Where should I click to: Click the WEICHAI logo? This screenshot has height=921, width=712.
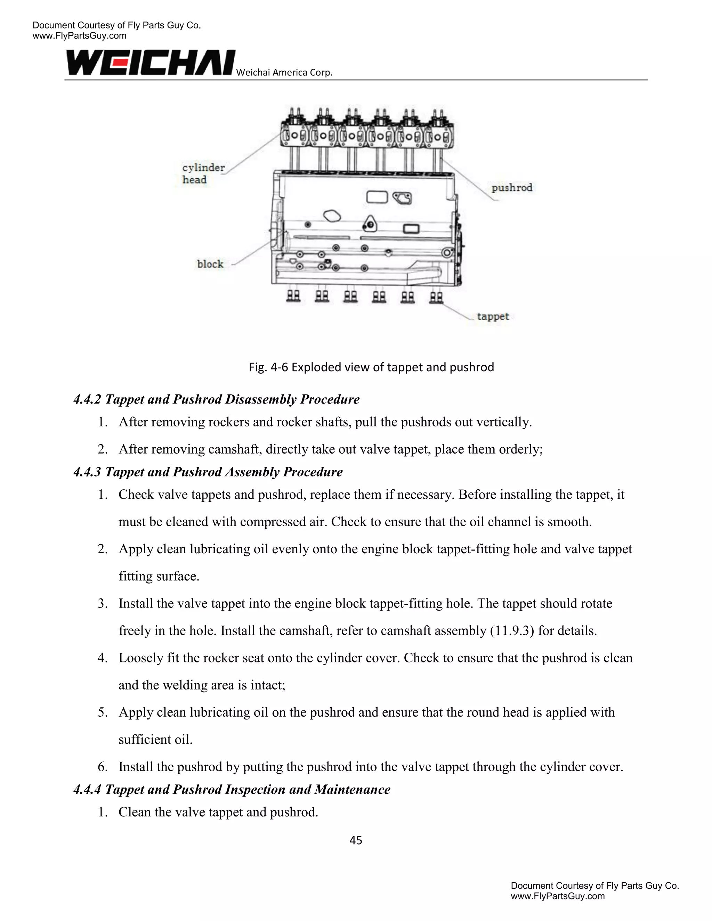(x=151, y=63)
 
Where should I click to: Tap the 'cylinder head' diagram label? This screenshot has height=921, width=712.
(x=203, y=173)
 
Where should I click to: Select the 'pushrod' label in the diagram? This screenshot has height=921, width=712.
(x=512, y=188)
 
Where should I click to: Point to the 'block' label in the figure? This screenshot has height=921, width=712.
(x=210, y=264)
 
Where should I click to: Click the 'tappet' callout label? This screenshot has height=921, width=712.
(x=493, y=316)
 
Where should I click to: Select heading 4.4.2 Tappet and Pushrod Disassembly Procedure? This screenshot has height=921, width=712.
(x=216, y=399)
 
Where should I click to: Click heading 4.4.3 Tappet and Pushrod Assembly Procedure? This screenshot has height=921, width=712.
(x=208, y=472)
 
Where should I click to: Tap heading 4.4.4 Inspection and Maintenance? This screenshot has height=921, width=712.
(x=232, y=789)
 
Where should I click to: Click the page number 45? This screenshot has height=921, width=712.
(x=356, y=840)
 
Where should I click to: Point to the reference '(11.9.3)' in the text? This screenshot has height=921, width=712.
(x=512, y=630)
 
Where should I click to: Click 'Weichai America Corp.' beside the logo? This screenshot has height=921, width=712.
(x=284, y=73)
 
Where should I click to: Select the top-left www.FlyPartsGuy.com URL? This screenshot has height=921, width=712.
(x=79, y=36)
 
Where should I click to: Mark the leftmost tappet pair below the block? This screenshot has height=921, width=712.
(x=293, y=296)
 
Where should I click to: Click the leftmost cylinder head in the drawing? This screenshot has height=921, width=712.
(x=295, y=133)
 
